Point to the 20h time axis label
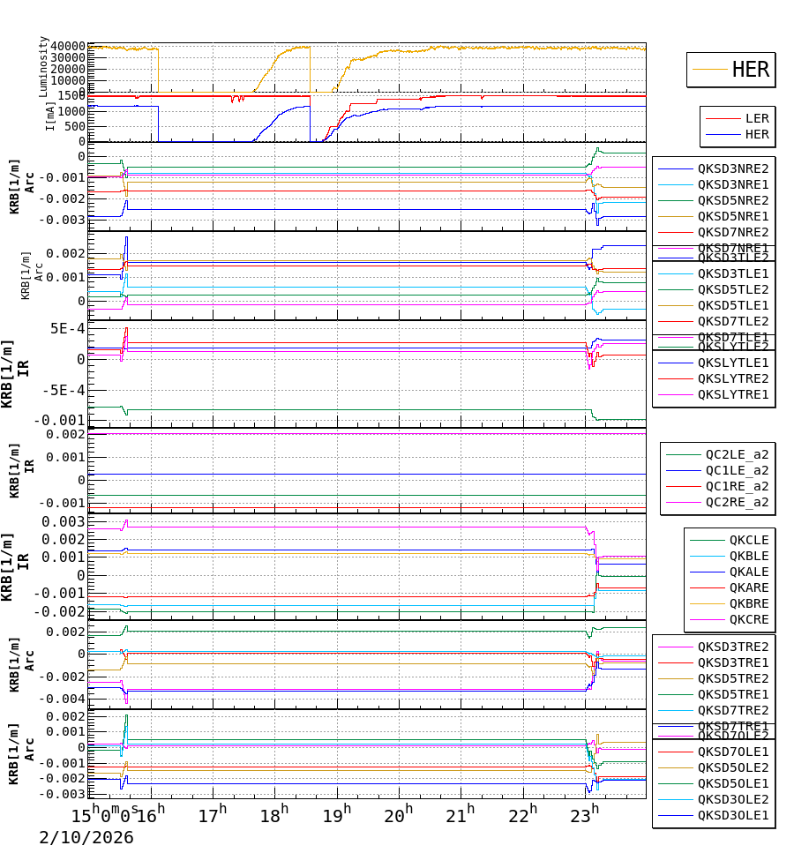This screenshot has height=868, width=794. (399, 813)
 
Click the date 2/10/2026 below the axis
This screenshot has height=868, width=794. (86, 837)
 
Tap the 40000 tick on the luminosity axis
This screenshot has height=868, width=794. (68, 46)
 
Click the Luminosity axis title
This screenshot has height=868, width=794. (43, 66)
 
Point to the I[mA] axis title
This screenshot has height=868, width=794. (49, 116)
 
